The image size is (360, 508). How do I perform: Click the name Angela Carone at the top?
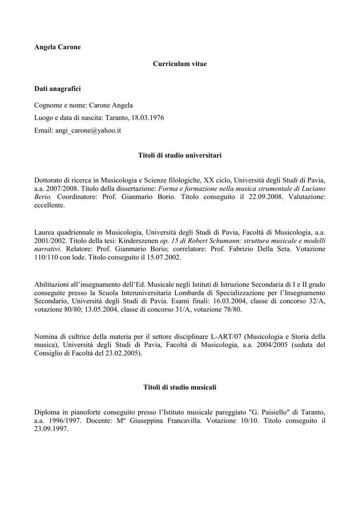57,47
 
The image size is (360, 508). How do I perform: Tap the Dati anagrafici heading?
57,89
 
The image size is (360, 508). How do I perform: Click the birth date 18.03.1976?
147,118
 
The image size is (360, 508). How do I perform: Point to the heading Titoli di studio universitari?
179,156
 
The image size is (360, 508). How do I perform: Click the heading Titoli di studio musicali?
180,386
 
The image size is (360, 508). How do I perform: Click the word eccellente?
50,205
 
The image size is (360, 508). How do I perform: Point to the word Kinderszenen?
139,240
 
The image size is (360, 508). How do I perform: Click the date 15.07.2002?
163,257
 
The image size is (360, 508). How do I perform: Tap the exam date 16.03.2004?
228,301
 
